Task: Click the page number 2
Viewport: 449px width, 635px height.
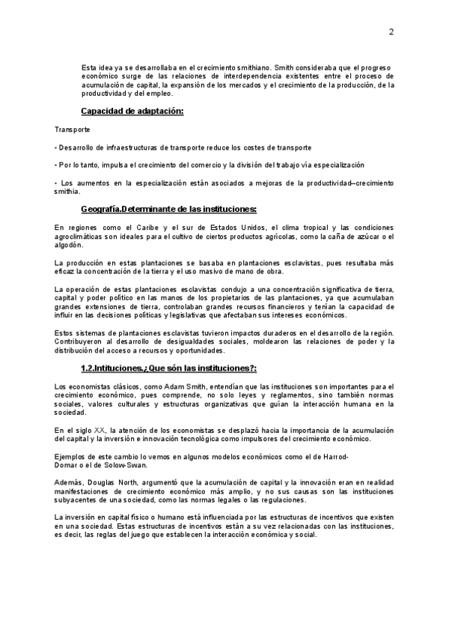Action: click(391, 31)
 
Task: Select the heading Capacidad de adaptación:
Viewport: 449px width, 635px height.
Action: click(132, 112)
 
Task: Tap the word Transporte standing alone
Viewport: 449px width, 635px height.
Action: click(73, 130)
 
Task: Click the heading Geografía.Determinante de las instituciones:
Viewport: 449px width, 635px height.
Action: click(168, 209)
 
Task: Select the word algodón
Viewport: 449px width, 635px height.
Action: click(70, 245)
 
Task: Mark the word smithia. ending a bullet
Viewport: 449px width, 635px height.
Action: click(67, 192)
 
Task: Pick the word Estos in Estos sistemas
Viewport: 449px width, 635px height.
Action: click(66, 332)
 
